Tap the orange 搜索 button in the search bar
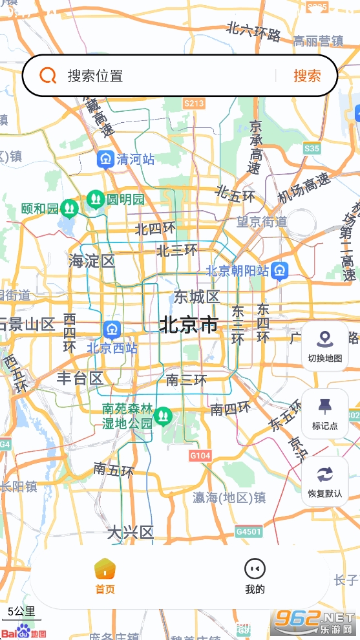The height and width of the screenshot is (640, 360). [307, 76]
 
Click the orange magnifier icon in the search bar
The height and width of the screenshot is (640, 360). [48, 76]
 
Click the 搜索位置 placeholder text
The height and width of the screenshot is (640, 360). [95, 76]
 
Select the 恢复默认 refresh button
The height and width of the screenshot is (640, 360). [324, 482]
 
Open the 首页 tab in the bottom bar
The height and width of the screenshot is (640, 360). [105, 577]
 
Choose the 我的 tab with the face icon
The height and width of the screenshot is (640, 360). [255, 577]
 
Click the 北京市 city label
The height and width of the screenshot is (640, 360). [189, 325]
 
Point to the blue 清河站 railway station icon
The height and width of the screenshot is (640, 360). [105, 159]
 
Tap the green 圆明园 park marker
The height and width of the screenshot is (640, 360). [96, 198]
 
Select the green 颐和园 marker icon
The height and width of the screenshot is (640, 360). [69, 208]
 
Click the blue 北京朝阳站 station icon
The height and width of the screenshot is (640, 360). [280, 271]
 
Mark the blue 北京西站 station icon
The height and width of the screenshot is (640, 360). [112, 330]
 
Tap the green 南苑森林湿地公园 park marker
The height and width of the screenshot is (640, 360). [162, 414]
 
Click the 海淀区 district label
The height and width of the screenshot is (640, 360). [92, 261]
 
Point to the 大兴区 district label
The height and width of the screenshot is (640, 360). [130, 533]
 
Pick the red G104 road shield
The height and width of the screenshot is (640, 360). [200, 456]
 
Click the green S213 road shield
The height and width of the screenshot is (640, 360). [194, 103]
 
